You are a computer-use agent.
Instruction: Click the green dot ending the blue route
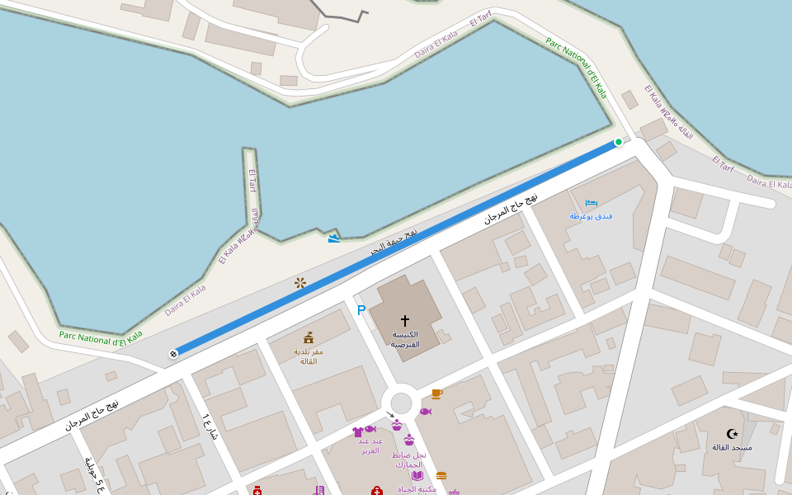(618, 142)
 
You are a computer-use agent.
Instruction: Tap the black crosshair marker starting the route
(173, 354)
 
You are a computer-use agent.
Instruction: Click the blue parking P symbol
(361, 310)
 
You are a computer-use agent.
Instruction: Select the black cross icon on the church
(405, 319)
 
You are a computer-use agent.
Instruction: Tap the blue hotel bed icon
(591, 202)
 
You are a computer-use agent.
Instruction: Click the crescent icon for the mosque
(732, 434)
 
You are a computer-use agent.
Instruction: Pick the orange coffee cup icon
(436, 394)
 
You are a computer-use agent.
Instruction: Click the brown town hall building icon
(309, 337)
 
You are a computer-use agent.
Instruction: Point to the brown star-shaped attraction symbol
(300, 283)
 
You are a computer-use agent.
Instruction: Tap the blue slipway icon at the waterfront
(333, 238)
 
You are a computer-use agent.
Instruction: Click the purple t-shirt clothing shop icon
(357, 431)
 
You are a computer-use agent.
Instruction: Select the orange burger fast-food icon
(441, 475)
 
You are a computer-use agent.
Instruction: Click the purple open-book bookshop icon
(417, 475)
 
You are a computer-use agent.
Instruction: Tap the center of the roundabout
(401, 403)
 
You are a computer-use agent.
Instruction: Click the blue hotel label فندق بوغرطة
(591, 216)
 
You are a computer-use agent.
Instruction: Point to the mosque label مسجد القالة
(732, 447)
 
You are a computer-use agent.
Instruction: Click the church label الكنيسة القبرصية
(405, 339)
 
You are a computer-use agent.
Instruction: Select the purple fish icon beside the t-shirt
(370, 429)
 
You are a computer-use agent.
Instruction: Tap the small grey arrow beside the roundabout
(389, 415)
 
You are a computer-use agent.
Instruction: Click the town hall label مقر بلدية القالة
(309, 356)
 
